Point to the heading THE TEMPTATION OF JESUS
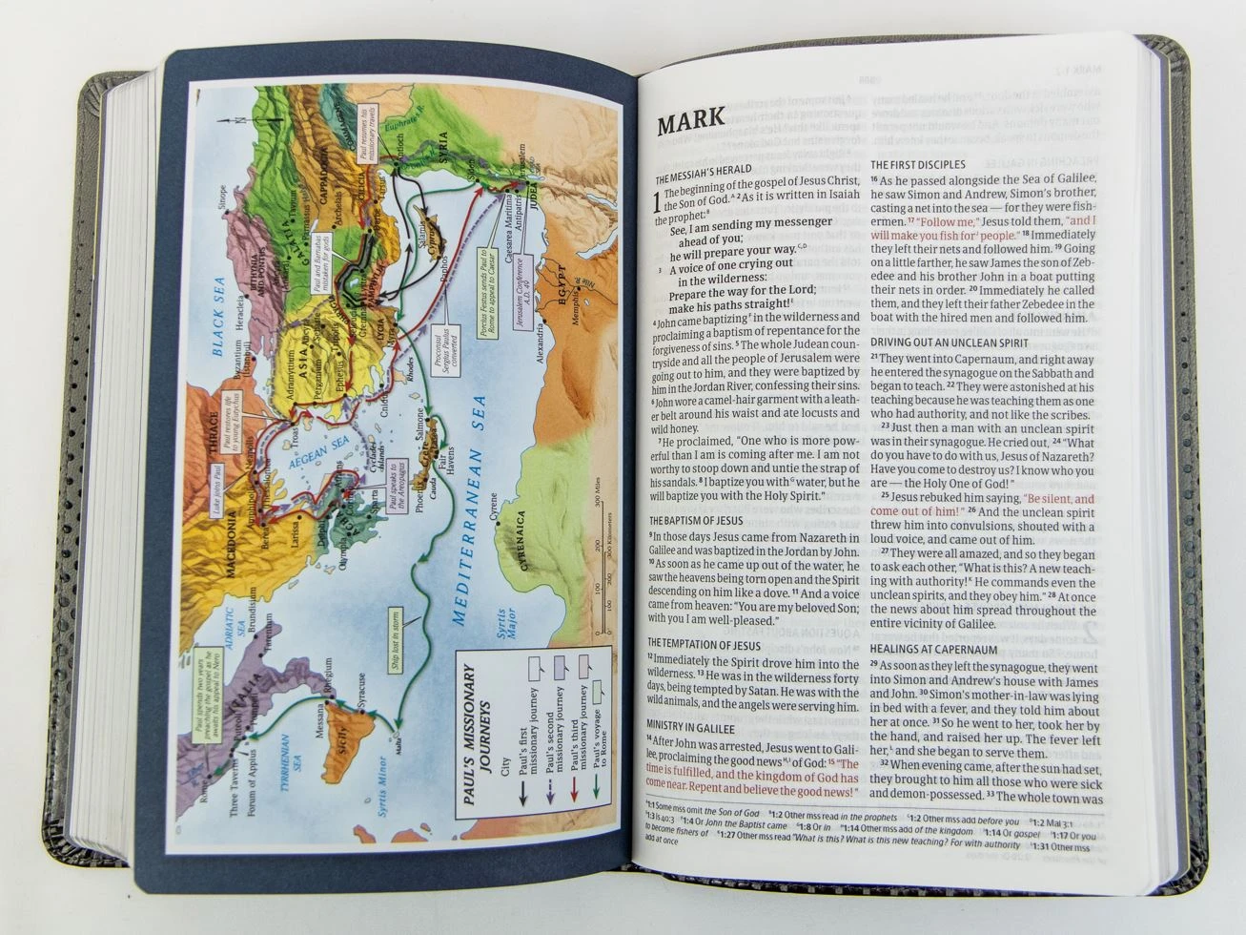[x=704, y=644]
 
